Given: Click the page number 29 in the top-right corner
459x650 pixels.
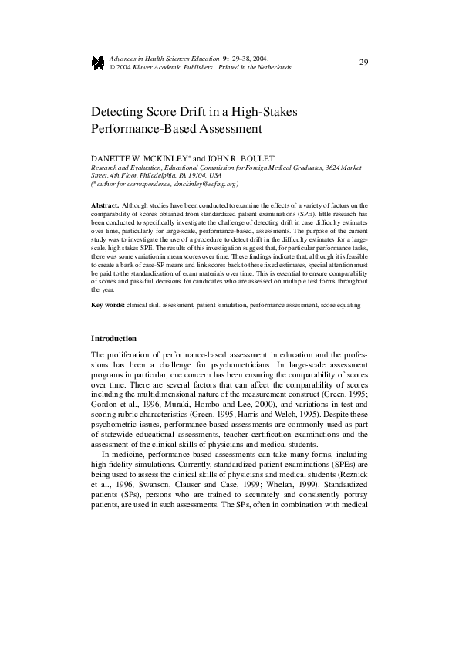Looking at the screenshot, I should coord(363,62).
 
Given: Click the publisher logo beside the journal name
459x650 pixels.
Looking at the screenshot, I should coord(97,63).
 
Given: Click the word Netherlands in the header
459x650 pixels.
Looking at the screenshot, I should coord(273,68).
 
